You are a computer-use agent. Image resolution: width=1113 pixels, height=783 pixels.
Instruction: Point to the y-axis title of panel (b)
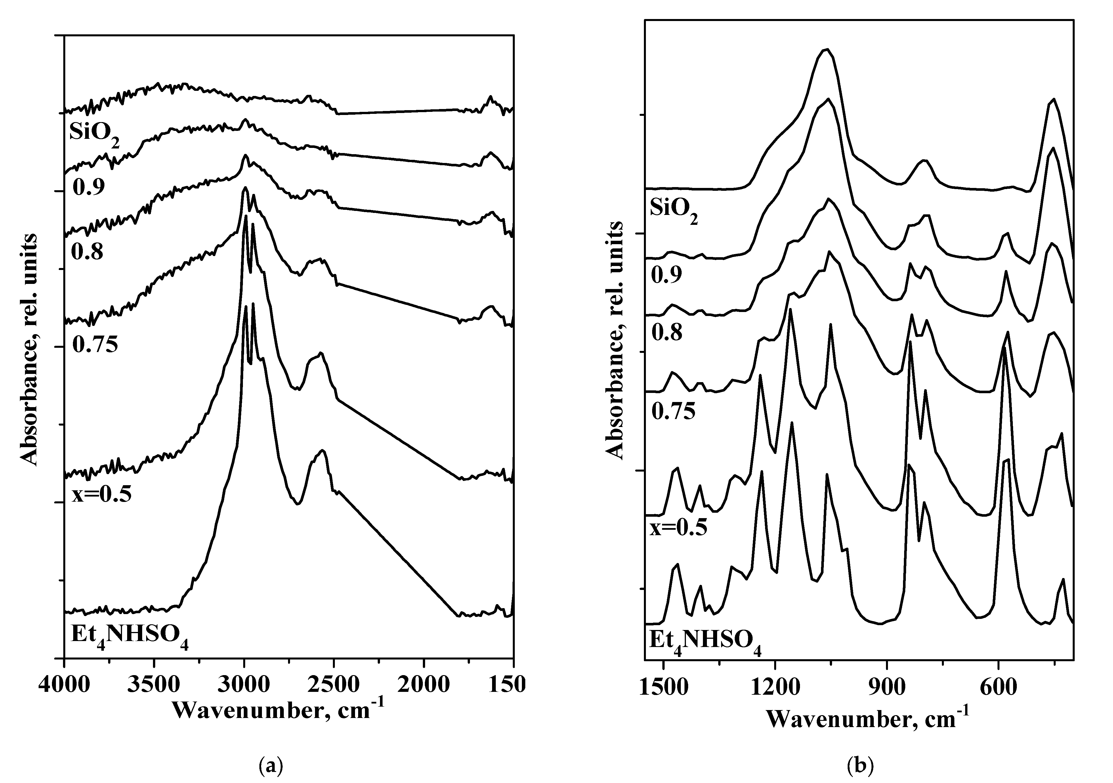(x=615, y=339)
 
